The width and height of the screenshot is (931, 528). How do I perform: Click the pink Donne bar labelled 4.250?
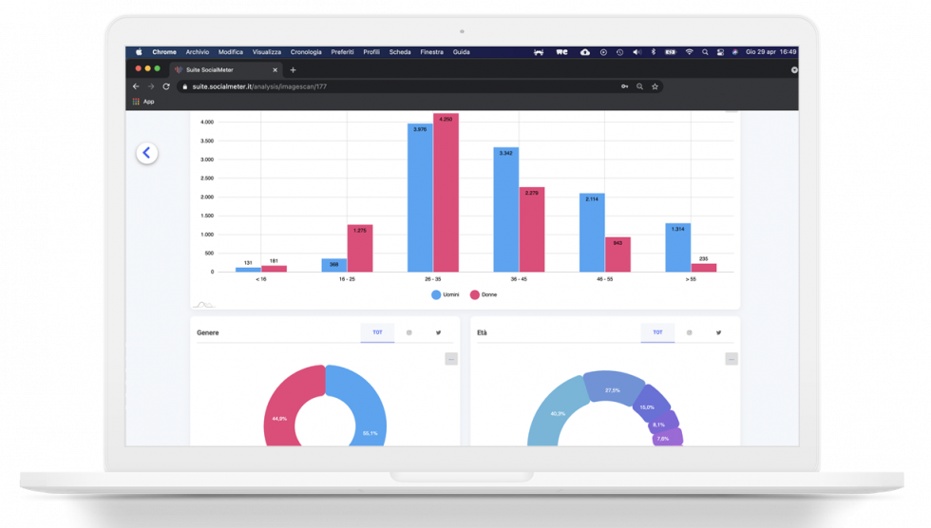(x=446, y=195)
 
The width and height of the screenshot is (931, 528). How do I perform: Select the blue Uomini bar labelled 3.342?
(x=505, y=211)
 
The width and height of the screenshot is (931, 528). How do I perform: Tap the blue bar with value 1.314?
(x=678, y=248)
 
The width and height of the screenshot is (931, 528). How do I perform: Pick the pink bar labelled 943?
(x=617, y=255)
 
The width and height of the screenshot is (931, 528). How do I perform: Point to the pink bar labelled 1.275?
(x=360, y=249)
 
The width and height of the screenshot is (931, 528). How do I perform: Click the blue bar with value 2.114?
(x=592, y=234)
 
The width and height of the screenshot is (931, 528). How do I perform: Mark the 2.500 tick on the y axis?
(x=206, y=178)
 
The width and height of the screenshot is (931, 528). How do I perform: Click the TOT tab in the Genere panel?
(x=377, y=332)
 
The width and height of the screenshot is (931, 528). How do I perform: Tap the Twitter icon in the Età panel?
(x=719, y=332)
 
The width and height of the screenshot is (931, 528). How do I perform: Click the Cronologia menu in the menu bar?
(x=306, y=52)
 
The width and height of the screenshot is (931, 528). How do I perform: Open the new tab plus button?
(x=293, y=69)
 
